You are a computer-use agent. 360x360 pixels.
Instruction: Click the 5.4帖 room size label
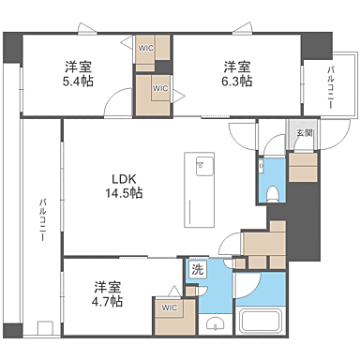[x=78, y=82]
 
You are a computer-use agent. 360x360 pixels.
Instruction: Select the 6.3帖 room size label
[x=236, y=82]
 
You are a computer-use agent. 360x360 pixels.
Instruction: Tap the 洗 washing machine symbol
[x=197, y=270]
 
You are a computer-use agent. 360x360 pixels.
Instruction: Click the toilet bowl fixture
[x=271, y=194]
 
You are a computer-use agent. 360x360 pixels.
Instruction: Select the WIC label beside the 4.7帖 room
[x=169, y=307]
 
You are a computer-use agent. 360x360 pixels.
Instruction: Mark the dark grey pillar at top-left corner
[x=12, y=44]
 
